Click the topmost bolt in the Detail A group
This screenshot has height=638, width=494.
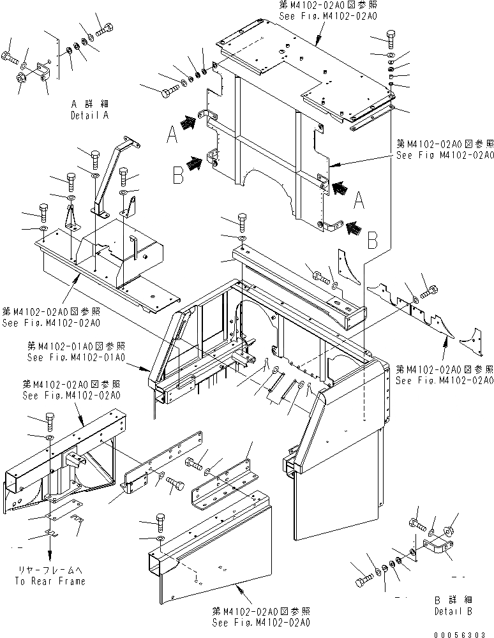pyautogui.click(x=103, y=28)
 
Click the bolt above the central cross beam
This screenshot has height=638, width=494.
pyautogui.click(x=243, y=223)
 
